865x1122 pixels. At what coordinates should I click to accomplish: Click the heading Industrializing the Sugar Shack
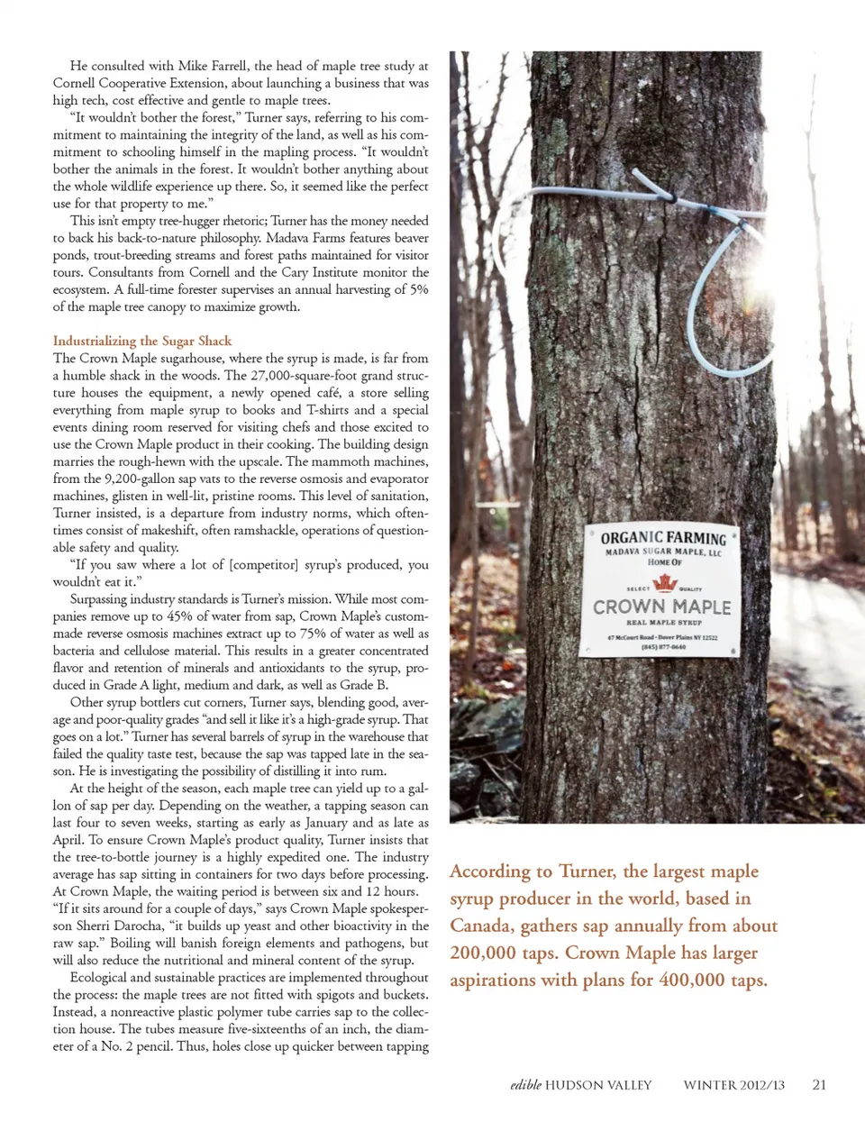pyautogui.click(x=142, y=341)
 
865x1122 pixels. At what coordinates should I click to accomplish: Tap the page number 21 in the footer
pyautogui.click(x=818, y=1085)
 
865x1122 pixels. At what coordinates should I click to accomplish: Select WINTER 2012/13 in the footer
pyautogui.click(x=733, y=1085)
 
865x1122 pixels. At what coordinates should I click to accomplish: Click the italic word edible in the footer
pyautogui.click(x=525, y=1085)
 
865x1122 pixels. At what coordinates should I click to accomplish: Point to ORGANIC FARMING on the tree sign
pyautogui.click(x=663, y=538)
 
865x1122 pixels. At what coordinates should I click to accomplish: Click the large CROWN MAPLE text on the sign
pyautogui.click(x=661, y=607)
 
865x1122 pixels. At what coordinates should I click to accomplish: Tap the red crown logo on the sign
pyautogui.click(x=664, y=583)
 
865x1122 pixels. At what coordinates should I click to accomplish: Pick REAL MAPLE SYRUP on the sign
pyautogui.click(x=663, y=623)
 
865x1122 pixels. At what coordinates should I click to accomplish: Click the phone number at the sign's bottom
pyautogui.click(x=663, y=646)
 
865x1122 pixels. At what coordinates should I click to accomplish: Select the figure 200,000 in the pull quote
pyautogui.click(x=483, y=953)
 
